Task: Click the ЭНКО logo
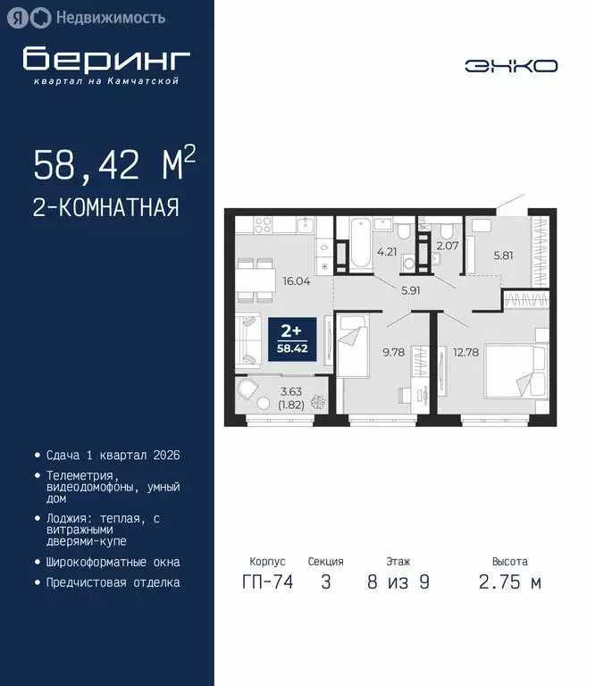511,65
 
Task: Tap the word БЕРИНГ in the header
106,59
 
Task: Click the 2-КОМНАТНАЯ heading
106,208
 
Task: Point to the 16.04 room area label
296,280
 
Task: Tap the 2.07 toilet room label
447,245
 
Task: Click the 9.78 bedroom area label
394,352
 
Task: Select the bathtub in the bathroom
358,243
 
